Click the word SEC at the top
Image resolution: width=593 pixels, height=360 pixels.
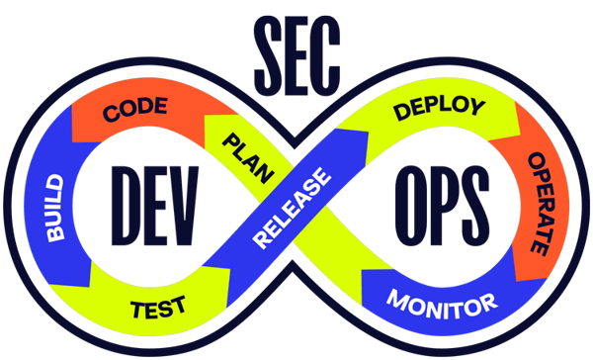click(296, 42)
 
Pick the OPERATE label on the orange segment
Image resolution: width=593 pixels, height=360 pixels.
click(539, 203)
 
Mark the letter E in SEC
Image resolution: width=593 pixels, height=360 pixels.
click(297, 42)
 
